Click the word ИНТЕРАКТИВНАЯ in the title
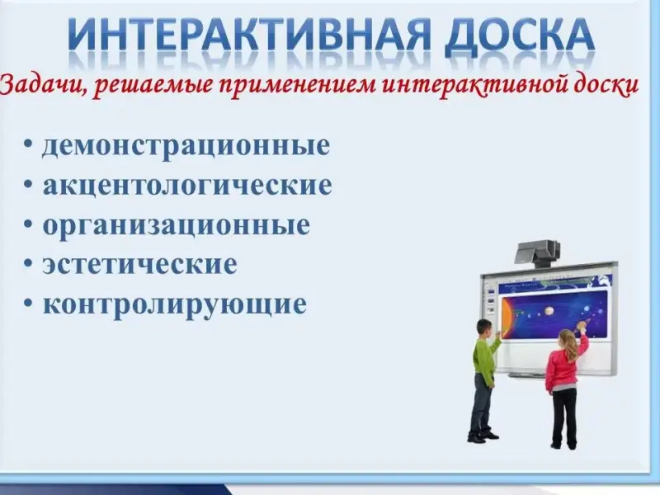pos(247,34)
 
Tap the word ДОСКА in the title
pos(519,35)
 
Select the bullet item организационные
pos(176,226)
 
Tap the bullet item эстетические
pos(139,265)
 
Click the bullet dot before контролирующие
pos(30,304)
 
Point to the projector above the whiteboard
pos(538,253)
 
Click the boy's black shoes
pos(483,438)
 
